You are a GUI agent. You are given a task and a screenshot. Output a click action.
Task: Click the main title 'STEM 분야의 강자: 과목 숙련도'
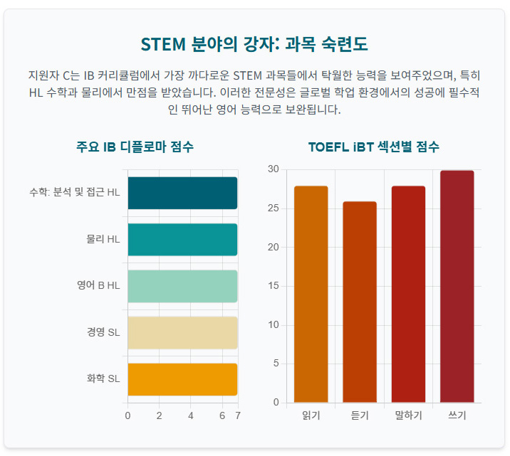tap(254, 44)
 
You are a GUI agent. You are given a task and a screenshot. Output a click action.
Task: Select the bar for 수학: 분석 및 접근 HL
tap(182, 193)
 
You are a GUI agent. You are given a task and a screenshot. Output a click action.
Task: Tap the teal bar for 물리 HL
tap(182, 239)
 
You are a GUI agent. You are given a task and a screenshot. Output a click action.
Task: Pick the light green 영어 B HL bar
tap(182, 286)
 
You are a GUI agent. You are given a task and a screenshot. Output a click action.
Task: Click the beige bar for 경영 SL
tap(182, 332)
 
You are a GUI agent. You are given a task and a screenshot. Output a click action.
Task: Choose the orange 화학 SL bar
tap(182, 379)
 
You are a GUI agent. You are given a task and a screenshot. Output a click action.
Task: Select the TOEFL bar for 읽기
tap(311, 295)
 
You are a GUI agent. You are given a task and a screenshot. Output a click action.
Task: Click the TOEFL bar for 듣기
tap(360, 302)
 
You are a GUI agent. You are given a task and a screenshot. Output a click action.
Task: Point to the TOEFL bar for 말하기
tap(408, 295)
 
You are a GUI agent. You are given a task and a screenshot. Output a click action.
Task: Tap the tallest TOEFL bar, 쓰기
tap(457, 287)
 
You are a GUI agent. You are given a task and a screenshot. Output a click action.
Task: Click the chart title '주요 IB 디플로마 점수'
tap(135, 147)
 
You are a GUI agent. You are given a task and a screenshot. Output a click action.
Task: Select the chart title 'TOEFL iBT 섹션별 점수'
tap(374, 147)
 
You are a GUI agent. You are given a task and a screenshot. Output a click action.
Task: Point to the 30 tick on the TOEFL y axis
tap(274, 169)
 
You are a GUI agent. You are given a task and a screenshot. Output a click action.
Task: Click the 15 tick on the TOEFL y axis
tap(274, 286)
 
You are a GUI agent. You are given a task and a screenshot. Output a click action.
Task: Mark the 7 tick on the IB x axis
tap(238, 415)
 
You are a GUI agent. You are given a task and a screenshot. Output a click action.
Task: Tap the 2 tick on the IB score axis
tap(160, 415)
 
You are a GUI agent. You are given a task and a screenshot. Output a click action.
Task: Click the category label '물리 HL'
tap(103, 239)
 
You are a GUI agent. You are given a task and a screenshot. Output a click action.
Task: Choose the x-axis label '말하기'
tap(408, 415)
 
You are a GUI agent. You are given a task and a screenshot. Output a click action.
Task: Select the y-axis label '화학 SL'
tap(103, 379)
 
